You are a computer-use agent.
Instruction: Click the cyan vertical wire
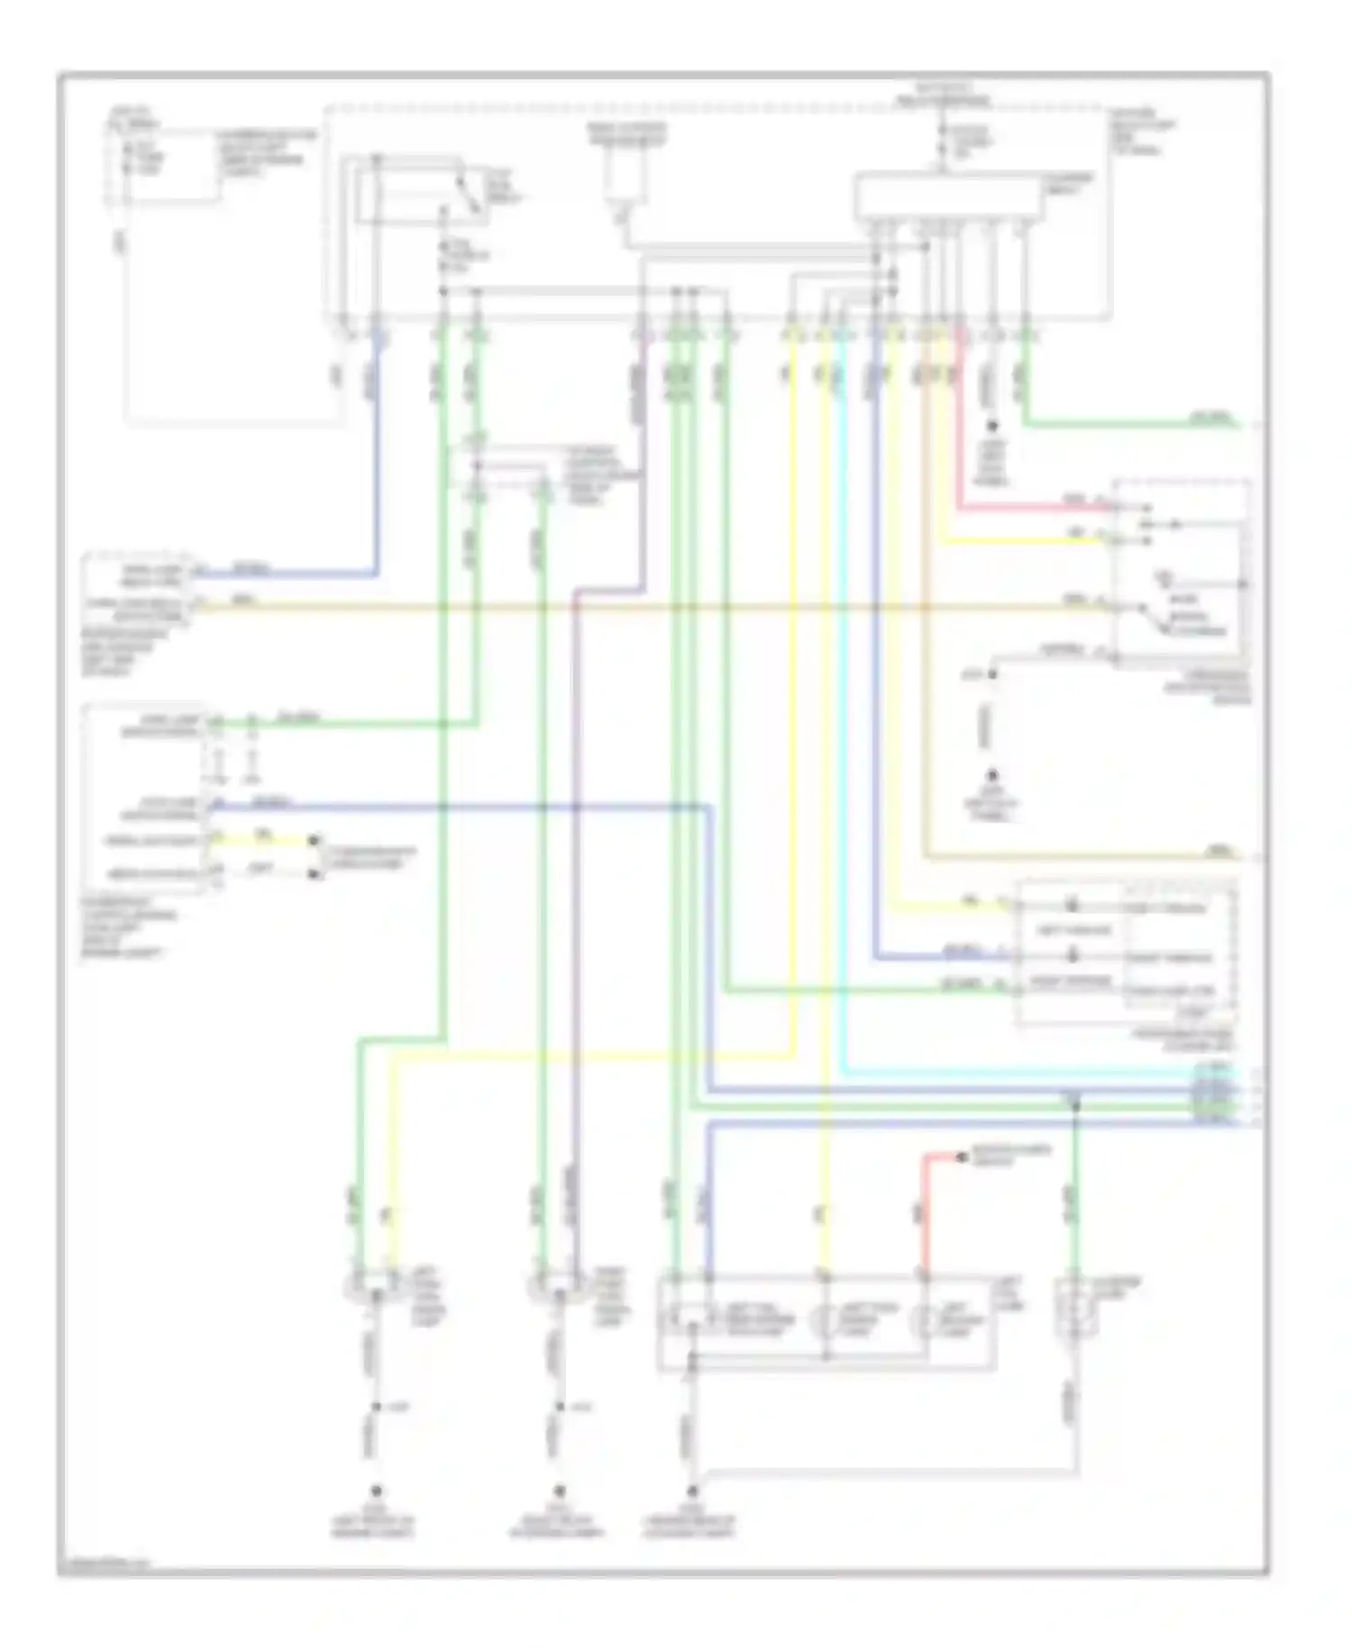[x=843, y=721]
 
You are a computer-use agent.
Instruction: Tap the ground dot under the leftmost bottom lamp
[x=377, y=1490]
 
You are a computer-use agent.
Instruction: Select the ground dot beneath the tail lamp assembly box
[x=692, y=1490]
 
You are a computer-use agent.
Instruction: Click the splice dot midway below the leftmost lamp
[x=377, y=1407]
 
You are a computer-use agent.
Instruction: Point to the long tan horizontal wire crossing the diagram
[x=631, y=607]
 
